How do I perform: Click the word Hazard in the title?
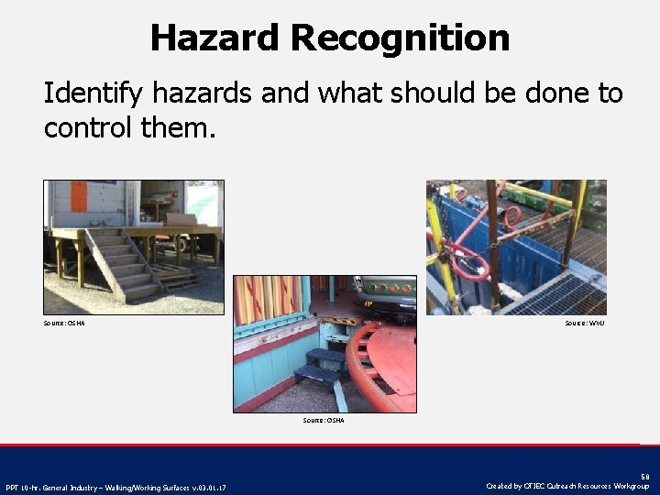(214, 38)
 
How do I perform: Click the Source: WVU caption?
(584, 323)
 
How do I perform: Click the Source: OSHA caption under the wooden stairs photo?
(64, 323)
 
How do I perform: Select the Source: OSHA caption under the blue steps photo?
(324, 420)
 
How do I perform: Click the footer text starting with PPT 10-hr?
(115, 487)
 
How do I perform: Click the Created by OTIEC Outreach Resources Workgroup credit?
(569, 486)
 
